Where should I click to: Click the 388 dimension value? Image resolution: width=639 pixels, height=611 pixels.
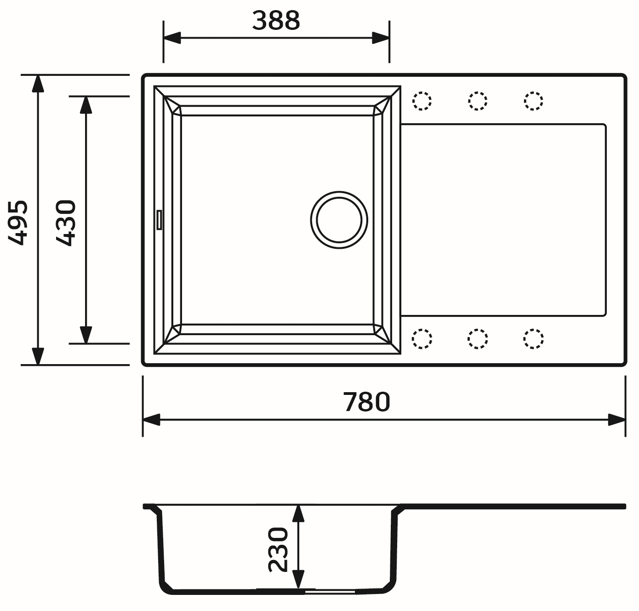[276, 21]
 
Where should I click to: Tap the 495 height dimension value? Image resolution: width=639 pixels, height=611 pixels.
[19, 223]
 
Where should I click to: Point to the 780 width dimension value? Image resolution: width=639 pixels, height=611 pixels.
[366, 402]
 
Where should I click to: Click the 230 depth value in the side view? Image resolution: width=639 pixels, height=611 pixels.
[278, 549]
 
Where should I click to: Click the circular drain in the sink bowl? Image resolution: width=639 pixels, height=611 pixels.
[339, 220]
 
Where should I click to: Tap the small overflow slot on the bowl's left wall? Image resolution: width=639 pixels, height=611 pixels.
[159, 219]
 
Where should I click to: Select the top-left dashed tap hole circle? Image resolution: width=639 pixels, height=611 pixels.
[422, 101]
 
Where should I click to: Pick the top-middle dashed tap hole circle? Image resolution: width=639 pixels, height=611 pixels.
[478, 101]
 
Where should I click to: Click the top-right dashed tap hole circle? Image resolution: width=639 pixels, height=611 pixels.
[533, 101]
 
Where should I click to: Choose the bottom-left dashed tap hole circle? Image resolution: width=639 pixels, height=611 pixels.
[422, 339]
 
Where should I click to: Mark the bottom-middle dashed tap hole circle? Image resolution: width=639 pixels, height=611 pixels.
[478, 339]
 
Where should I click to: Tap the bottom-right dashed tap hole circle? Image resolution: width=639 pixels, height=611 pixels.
[533, 339]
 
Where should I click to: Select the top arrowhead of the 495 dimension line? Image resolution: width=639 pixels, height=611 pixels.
[38, 83]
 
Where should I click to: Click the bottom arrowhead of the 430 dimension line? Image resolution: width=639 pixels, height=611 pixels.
[86, 335]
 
